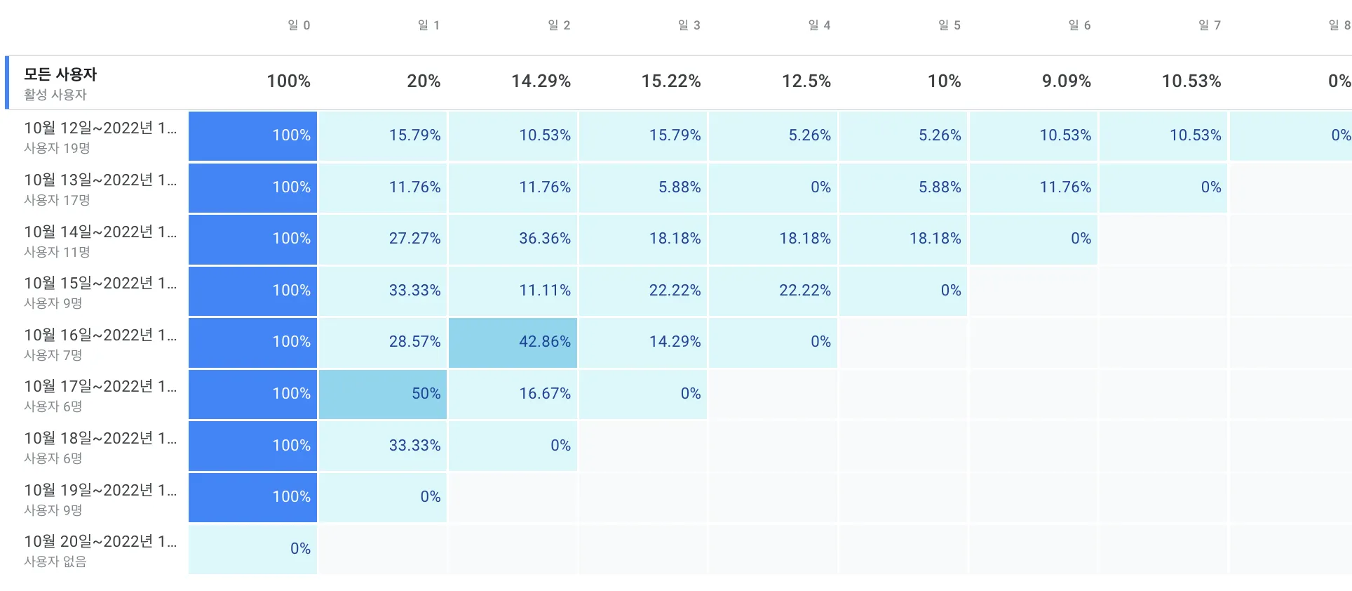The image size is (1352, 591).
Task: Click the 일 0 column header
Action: click(x=299, y=25)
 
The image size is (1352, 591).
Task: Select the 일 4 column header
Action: click(x=819, y=25)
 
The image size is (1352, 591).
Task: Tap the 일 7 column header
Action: click(x=1210, y=25)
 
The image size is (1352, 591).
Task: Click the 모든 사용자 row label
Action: click(x=60, y=74)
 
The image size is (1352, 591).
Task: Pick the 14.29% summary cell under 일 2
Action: click(x=541, y=81)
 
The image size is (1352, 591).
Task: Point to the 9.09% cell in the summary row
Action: click(x=1066, y=81)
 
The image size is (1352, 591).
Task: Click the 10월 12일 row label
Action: click(x=100, y=128)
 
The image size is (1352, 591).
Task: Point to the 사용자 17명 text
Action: click(x=57, y=200)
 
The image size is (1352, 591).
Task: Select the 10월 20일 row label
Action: click(x=100, y=542)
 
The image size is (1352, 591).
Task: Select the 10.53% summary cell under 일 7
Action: click(x=1191, y=81)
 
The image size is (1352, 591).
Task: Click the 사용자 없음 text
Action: click(x=55, y=562)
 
